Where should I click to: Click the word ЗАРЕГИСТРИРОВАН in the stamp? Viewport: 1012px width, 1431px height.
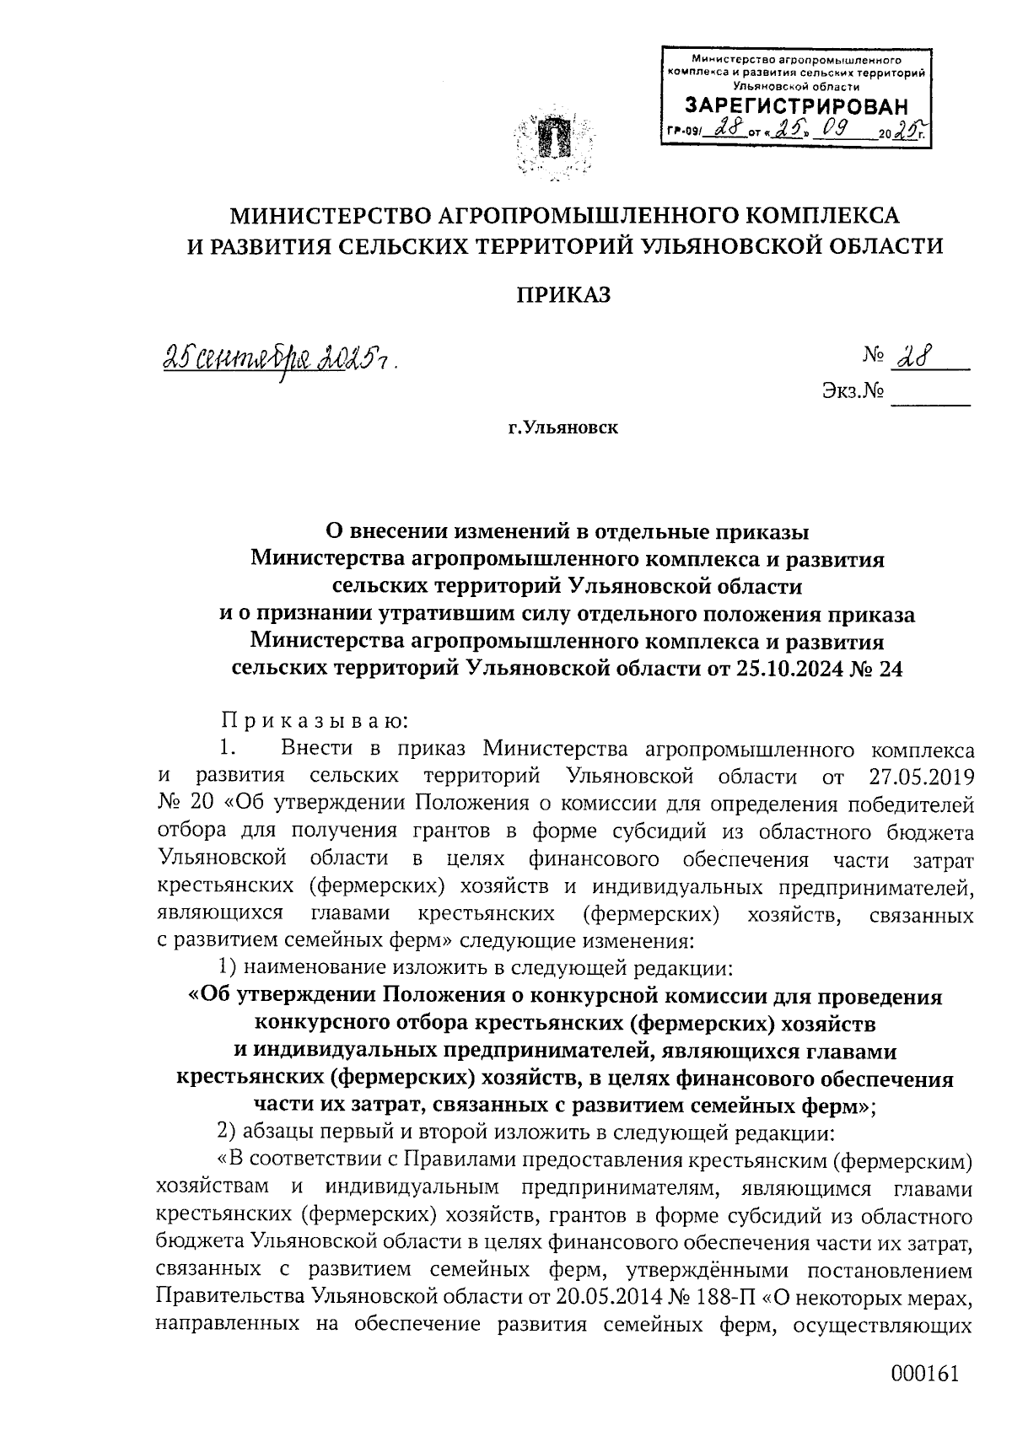tap(797, 106)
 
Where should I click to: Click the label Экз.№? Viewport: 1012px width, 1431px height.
tap(851, 392)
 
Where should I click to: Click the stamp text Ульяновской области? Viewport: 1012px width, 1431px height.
tap(797, 85)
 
